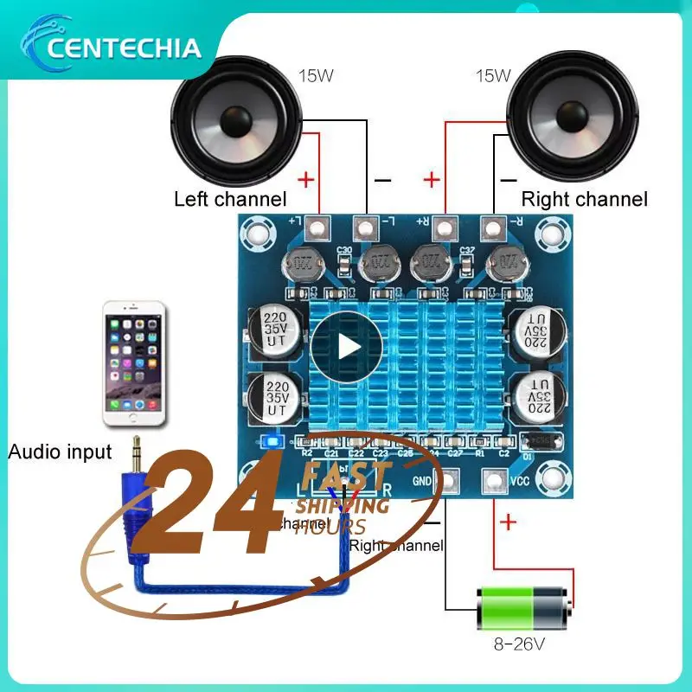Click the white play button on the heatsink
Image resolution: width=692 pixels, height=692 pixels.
point(346,346)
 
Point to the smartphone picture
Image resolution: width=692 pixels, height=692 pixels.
point(134,363)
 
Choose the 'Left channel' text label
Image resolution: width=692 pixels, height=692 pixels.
point(230,200)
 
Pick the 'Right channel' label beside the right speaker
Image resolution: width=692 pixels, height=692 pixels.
point(584,200)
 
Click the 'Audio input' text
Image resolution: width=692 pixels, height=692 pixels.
point(60,452)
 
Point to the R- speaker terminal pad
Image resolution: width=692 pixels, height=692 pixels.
point(493,229)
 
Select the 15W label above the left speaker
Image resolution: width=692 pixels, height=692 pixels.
point(316,75)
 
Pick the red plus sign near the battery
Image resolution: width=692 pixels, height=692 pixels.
point(507,522)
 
